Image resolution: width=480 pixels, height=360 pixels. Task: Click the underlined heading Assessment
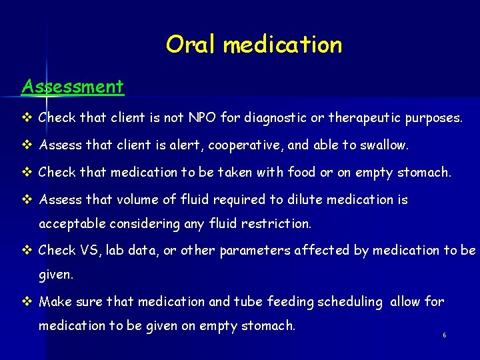point(73,87)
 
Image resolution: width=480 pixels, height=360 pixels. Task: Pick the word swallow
point(383,145)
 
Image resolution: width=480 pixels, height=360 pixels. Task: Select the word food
point(301,172)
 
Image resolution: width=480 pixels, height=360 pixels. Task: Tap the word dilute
point(319,199)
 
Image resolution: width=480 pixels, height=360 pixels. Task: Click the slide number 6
point(444,335)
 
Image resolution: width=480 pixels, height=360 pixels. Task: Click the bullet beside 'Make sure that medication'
point(27,301)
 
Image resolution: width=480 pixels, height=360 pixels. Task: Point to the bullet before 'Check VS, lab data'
point(27,251)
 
